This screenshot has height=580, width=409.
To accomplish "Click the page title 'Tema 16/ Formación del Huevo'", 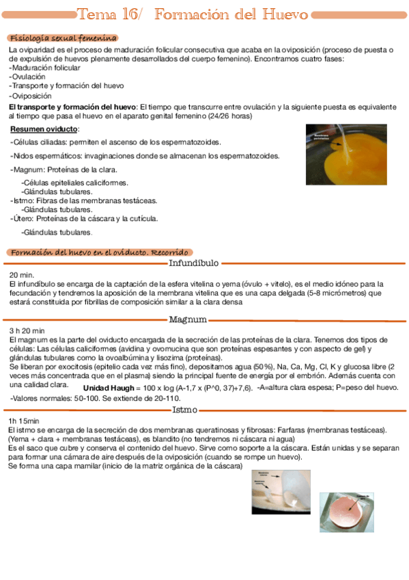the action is click(x=193, y=14).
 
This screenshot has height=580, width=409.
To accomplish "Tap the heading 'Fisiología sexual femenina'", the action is click(x=64, y=38).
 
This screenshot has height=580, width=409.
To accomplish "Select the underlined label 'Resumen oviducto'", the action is click(x=45, y=129).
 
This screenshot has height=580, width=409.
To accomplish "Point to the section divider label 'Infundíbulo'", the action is click(x=194, y=262).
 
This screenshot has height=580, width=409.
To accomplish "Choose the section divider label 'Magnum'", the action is click(x=188, y=319).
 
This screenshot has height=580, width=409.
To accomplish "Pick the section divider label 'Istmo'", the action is click(x=185, y=410).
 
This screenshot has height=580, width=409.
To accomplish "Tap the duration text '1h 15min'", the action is click(x=24, y=421).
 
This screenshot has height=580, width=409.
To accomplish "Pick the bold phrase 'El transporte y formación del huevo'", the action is click(x=72, y=107).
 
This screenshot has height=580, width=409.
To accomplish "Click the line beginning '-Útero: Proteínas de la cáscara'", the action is click(x=85, y=219).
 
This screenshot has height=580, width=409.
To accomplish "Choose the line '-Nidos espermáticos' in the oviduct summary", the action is click(x=145, y=156).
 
